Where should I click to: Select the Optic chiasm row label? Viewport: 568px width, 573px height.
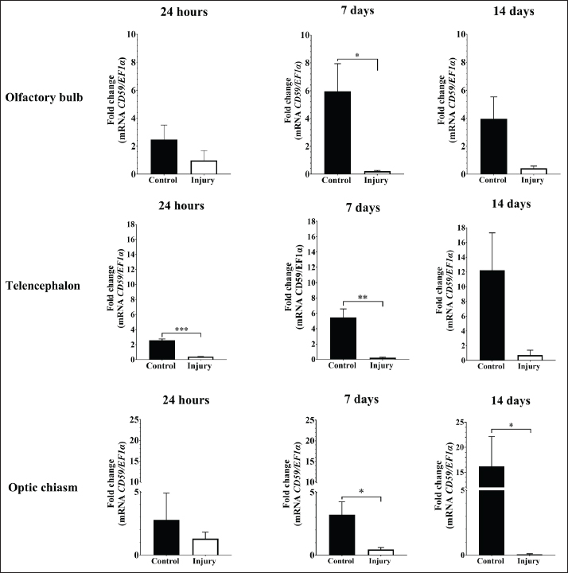tap(41, 486)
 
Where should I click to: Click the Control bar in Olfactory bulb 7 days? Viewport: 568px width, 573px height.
tap(337, 132)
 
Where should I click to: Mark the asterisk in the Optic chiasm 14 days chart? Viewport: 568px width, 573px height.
tap(511, 426)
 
